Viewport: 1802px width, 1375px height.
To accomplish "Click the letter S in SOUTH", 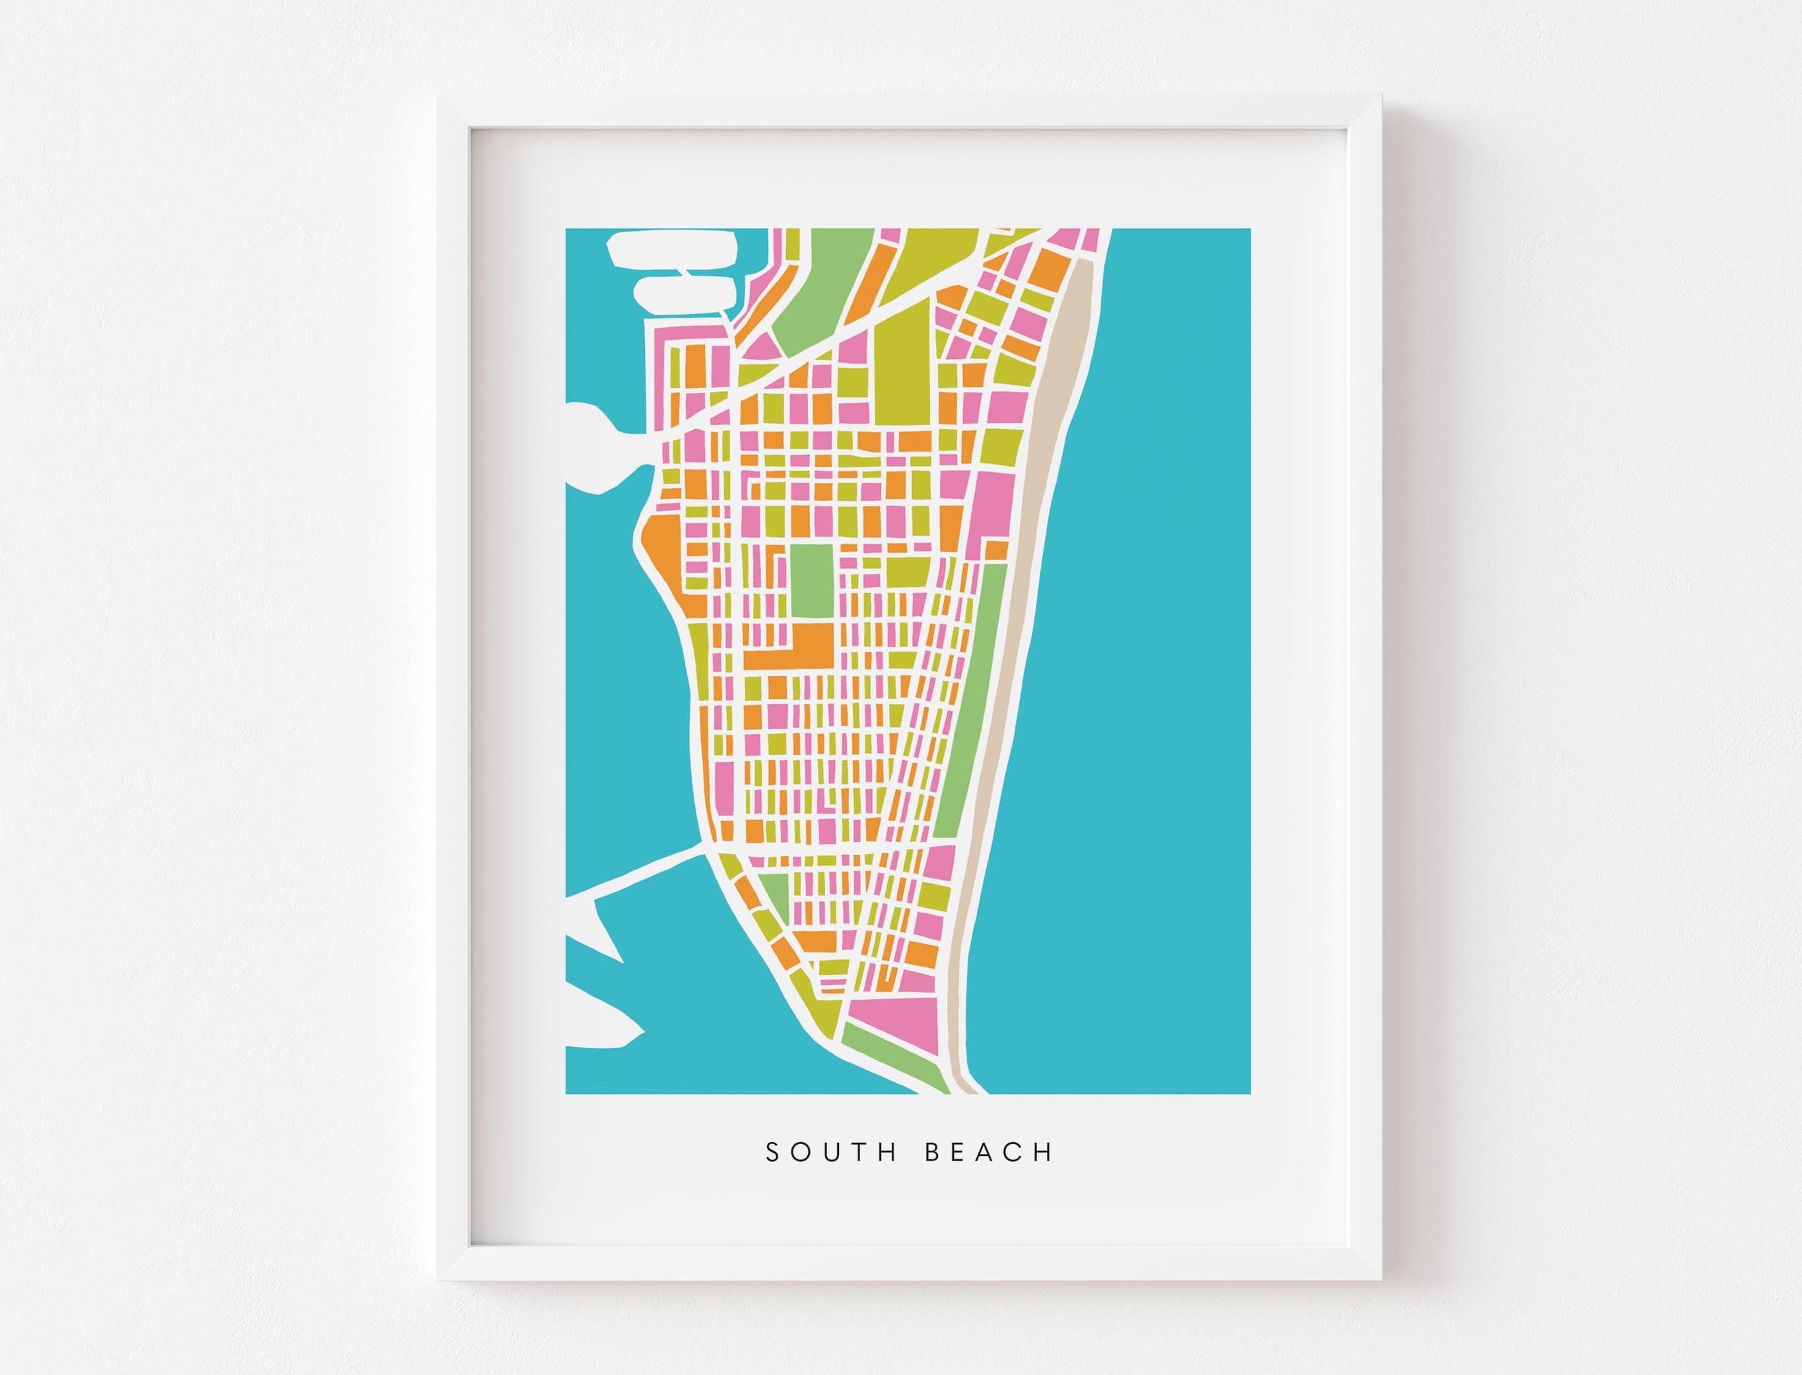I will (772, 1153).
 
